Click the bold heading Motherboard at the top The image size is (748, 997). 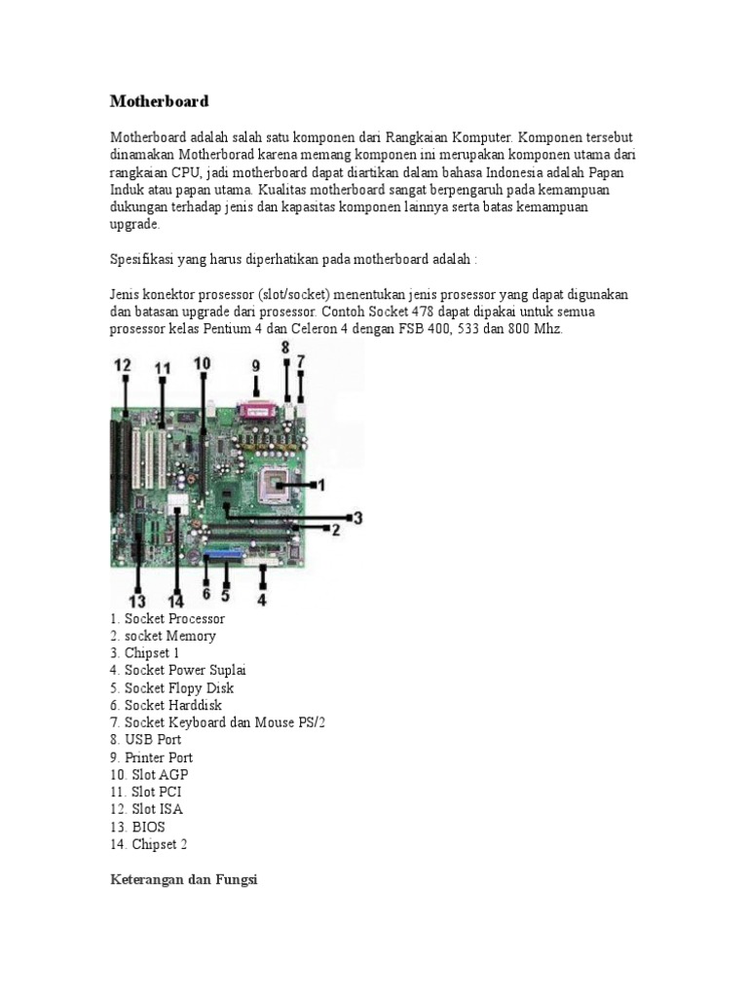click(x=159, y=101)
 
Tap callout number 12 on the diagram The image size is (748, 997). click(x=123, y=365)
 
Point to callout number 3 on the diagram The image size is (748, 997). click(x=357, y=518)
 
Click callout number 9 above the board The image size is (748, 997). click(x=256, y=366)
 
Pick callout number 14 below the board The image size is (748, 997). click(x=176, y=600)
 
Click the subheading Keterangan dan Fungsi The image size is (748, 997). click(x=182, y=880)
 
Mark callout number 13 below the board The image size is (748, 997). click(x=136, y=600)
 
